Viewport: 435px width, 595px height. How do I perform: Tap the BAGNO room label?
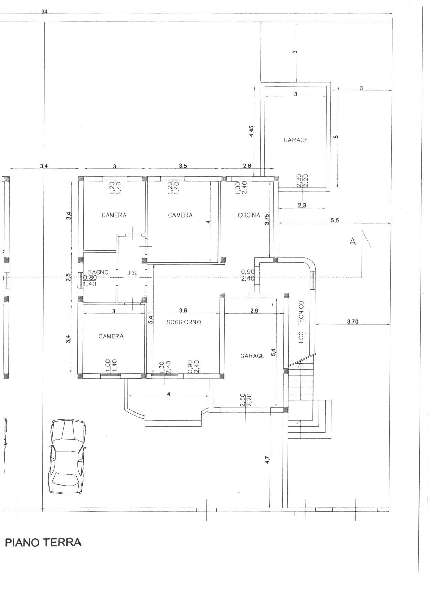pos(98,272)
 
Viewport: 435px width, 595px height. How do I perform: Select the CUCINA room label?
pos(249,215)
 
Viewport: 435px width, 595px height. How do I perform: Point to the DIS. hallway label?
pos(131,273)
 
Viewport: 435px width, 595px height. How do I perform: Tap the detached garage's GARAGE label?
pos(296,140)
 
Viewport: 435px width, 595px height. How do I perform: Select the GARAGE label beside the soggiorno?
pos(252,356)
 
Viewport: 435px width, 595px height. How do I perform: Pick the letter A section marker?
pos(352,242)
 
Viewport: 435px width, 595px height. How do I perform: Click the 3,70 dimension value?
pos(352,322)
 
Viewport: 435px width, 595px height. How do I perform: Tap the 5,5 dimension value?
pos(335,221)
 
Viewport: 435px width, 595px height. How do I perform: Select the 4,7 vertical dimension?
pos(267,460)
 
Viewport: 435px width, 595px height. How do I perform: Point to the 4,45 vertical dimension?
pos(251,131)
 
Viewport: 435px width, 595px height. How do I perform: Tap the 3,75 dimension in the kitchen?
pos(267,219)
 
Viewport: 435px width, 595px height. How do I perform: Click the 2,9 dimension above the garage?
pos(254,310)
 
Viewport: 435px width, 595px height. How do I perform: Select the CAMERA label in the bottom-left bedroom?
pos(111,336)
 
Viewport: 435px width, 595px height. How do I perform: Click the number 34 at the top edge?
pos(44,12)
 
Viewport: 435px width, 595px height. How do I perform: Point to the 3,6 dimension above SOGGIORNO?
pos(183,310)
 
